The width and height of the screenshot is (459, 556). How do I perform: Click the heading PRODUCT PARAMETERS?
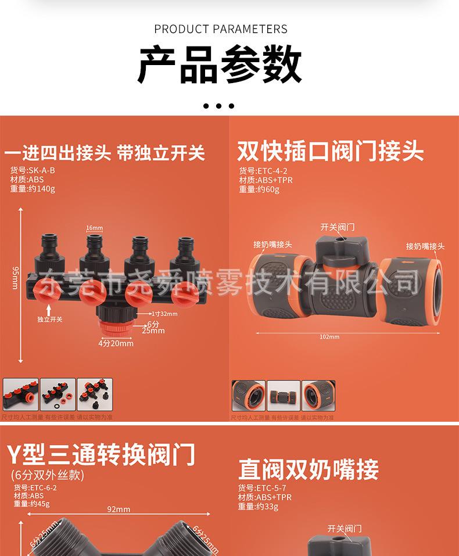pos(221,29)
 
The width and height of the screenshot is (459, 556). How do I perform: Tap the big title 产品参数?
pos(220,66)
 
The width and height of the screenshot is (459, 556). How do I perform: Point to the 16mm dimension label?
pos(94,228)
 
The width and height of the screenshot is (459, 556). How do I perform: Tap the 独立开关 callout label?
pos(49,319)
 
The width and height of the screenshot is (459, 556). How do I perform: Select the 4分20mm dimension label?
pos(116,343)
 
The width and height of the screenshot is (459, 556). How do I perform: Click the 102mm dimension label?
pos(329,337)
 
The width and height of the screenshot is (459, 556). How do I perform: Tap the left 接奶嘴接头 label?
pos(272,245)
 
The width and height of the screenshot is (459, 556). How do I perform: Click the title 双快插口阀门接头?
pos(330,152)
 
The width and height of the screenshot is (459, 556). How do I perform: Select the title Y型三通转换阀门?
pos(101,454)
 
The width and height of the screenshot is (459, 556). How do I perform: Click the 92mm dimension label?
pos(119,510)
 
